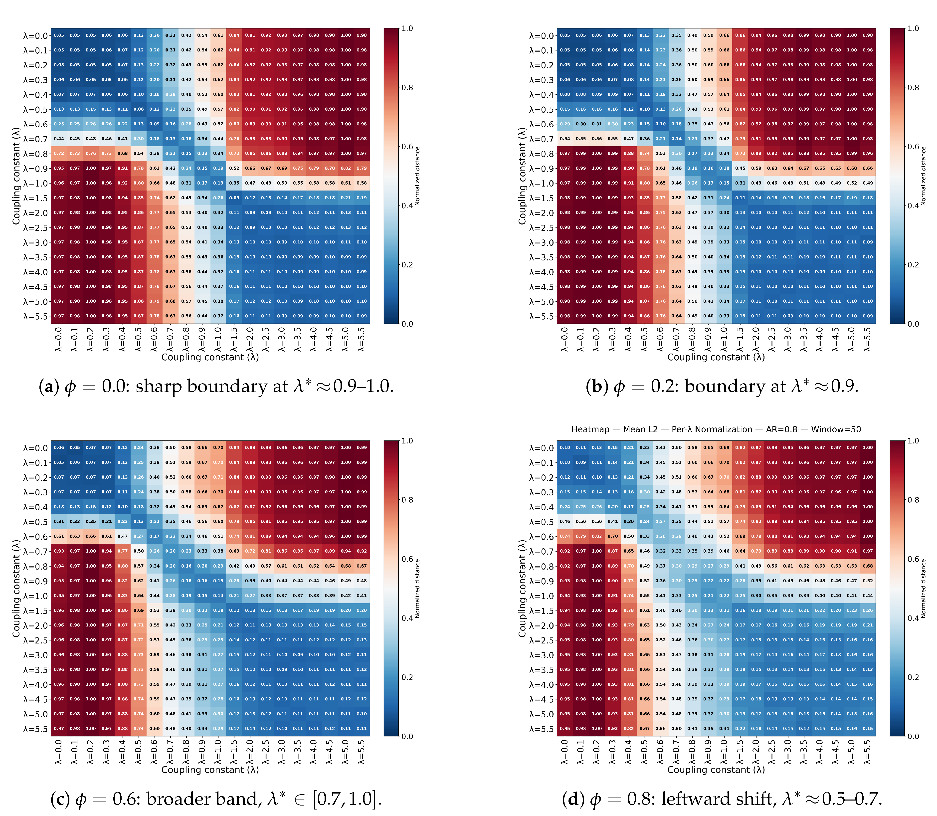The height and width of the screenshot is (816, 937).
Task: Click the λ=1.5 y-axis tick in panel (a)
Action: coord(35,198)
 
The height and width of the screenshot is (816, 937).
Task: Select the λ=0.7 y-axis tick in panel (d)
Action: coord(541,551)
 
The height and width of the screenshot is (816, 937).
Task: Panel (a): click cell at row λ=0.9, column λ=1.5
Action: coord(234,169)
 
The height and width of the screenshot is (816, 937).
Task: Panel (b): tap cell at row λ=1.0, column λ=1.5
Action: coord(740,183)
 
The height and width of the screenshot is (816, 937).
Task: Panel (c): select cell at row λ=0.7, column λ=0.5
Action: coord(138,551)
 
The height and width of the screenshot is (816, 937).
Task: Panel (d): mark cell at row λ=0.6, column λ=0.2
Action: coord(597,536)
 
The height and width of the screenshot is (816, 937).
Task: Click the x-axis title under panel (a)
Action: coord(210,358)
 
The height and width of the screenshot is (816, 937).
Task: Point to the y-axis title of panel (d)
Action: coord(522,588)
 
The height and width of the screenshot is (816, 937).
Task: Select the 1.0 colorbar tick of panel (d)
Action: coord(913,441)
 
